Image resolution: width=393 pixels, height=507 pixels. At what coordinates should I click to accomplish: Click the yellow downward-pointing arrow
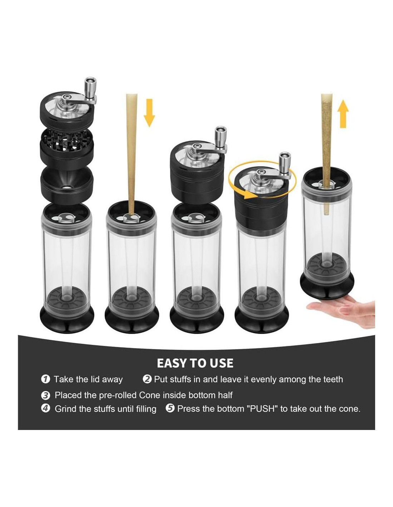tap(149, 113)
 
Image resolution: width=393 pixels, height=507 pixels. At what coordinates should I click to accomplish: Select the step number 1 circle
tap(45, 379)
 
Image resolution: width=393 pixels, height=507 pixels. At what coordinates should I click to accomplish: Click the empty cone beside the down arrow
tap(131, 154)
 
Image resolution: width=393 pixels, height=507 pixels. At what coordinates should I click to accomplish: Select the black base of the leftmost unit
tap(67, 319)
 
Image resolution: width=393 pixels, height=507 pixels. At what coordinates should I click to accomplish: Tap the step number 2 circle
tap(147, 379)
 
